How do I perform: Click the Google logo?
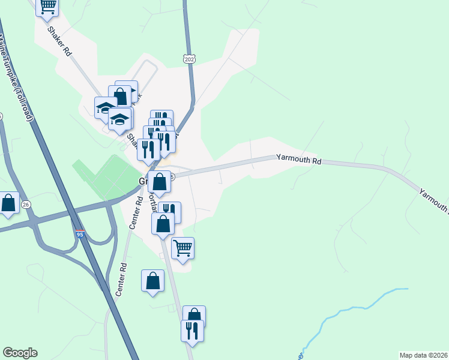click(19, 353)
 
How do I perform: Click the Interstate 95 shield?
click(80, 235)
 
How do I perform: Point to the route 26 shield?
click(26, 205)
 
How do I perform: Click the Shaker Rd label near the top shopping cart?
click(60, 41)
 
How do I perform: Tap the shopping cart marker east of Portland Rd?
click(183, 247)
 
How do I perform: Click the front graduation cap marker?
click(119, 119)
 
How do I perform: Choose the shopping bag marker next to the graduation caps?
click(120, 96)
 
